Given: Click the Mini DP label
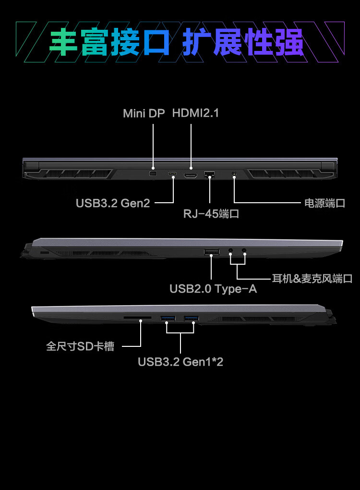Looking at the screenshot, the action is pyautogui.click(x=144, y=113).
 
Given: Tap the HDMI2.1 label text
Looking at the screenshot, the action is pyautogui.click(x=195, y=113).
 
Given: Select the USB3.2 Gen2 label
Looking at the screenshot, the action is pyautogui.click(x=113, y=203).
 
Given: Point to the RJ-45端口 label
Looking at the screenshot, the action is pyautogui.click(x=211, y=214).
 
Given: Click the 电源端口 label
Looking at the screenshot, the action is pyautogui.click(x=325, y=203).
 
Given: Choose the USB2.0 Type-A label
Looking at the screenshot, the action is pyautogui.click(x=213, y=289).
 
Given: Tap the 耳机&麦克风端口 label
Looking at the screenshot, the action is pyautogui.click(x=312, y=279).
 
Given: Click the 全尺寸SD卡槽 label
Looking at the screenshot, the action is pyautogui.click(x=80, y=346).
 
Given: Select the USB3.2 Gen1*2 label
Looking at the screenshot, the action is pyautogui.click(x=180, y=362).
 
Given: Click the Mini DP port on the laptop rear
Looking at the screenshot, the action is pyautogui.click(x=153, y=173).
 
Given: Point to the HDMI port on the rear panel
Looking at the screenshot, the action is pyautogui.click(x=191, y=175).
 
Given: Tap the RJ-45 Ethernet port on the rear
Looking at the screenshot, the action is pyautogui.click(x=210, y=174).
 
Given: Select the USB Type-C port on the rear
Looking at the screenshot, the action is pyautogui.click(x=173, y=175).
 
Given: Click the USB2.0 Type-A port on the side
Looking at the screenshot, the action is pyautogui.click(x=212, y=252).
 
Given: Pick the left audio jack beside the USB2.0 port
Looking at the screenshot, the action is pyautogui.click(x=231, y=251).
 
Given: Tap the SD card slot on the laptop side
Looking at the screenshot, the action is pyautogui.click(x=137, y=318).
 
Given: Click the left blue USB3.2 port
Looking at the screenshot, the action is pyautogui.click(x=168, y=318).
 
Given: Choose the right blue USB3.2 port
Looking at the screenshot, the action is pyautogui.click(x=191, y=318).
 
